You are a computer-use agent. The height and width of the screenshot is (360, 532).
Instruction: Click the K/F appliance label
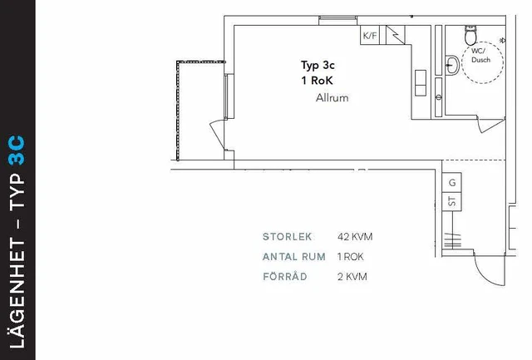pos(370,35)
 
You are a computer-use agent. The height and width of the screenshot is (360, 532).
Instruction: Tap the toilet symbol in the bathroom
pos(470,35)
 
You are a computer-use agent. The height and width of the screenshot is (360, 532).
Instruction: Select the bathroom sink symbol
pos(452,65)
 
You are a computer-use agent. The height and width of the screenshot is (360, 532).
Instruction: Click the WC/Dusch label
pos(480,56)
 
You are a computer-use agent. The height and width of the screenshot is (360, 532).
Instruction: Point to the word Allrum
pos(332,98)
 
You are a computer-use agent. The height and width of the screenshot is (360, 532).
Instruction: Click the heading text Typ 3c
pos(318,65)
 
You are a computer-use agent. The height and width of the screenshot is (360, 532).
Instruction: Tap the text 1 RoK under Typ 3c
pos(317,81)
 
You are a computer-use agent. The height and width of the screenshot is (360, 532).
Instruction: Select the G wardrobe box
pos(451,183)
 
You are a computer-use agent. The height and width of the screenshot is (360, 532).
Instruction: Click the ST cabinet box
pos(451,201)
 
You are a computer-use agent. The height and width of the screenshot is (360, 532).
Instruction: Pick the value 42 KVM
pos(355,236)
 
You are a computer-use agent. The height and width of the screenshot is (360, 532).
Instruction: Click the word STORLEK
pos(287,236)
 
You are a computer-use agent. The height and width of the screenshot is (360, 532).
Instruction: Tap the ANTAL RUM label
pos(293,257)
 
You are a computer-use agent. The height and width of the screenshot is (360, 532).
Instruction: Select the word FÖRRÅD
pos(285,276)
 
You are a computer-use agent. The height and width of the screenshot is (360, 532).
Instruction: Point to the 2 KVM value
pos(352,277)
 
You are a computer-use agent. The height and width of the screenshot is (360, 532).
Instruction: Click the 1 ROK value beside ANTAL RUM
pos(350,257)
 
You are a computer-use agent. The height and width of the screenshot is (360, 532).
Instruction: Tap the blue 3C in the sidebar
pos(17,150)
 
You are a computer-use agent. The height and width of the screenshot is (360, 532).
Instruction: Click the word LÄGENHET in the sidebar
pos(17,293)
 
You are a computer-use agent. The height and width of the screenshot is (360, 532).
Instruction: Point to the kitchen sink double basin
pos(421,83)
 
